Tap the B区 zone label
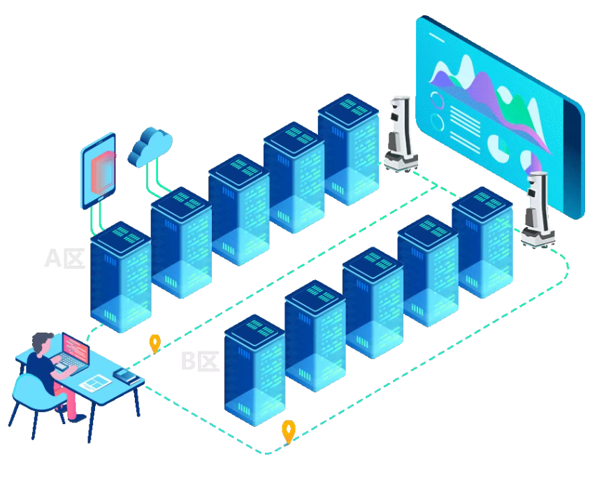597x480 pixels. [x=200, y=361]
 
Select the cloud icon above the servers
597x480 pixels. [x=151, y=145]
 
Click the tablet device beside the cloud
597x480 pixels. [x=99, y=170]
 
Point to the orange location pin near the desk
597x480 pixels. [x=155, y=342]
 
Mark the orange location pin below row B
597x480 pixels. [x=288, y=430]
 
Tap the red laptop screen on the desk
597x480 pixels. [x=75, y=347]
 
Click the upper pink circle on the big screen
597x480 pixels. [x=438, y=100]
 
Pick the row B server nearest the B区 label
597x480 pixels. [x=254, y=370]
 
